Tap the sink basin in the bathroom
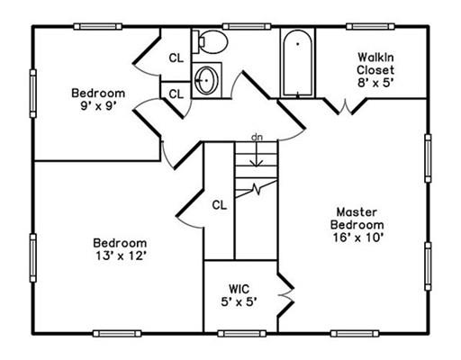(206, 80)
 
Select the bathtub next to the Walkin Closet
(298, 63)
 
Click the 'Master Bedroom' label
(357, 219)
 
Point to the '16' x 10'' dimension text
(358, 238)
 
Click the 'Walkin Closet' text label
(375, 63)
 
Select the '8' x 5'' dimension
(375, 83)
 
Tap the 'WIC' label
(239, 289)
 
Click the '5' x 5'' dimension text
(240, 302)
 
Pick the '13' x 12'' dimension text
(121, 256)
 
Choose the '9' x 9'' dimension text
(98, 106)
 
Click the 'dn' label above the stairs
(257, 138)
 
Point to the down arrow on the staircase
(256, 154)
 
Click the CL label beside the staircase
(220, 205)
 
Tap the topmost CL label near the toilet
(176, 58)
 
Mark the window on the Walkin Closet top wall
(370, 27)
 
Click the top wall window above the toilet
(247, 27)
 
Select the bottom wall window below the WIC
(242, 334)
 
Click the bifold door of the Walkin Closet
(345, 106)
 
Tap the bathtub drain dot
(298, 44)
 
